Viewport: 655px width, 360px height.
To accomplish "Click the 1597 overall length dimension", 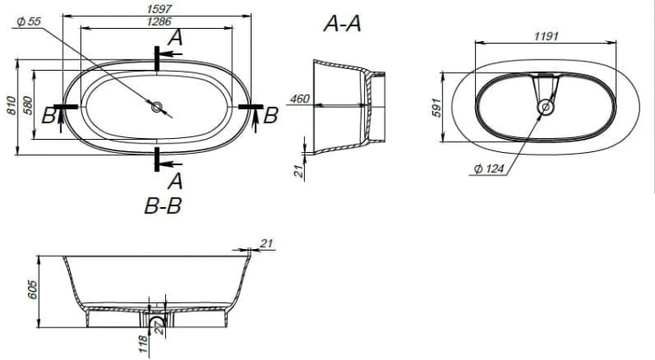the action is (159, 9).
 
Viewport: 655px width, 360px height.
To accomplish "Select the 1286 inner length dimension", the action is (159, 21).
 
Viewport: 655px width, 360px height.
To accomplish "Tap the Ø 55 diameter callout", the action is (29, 22).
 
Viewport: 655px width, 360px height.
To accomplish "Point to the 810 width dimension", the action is (11, 106).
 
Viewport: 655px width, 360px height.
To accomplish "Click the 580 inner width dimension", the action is (27, 106).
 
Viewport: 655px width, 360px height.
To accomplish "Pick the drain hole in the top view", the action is (156, 107).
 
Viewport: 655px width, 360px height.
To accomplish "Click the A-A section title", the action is (342, 24).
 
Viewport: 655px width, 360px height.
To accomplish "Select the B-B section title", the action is (163, 205).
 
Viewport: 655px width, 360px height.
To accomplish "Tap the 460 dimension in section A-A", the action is (300, 99).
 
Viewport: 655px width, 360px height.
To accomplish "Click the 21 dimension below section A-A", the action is (299, 171).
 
